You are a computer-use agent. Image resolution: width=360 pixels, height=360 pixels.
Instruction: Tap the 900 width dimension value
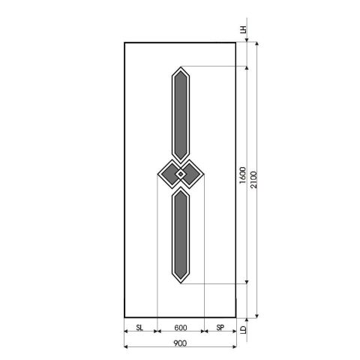pos(180,343)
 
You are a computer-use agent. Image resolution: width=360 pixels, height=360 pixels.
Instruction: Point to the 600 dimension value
pos(180,328)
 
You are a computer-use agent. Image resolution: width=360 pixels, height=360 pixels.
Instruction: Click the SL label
pos(139,328)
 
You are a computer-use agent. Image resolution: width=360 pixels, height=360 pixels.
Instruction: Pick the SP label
pos(220,328)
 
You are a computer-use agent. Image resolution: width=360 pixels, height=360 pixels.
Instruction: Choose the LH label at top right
pos(243,31)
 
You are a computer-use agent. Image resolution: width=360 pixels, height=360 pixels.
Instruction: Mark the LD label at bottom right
pos(243,328)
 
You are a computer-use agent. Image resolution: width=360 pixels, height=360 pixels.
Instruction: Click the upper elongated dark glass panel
pos(180,112)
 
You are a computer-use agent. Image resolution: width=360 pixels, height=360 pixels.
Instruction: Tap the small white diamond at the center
pos(180,175)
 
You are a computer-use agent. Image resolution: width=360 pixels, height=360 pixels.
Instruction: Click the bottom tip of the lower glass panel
pos(180,283)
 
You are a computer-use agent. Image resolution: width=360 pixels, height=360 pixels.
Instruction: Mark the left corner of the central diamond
pos(157,175)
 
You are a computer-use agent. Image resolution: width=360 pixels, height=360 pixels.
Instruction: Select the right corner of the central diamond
pos(204,175)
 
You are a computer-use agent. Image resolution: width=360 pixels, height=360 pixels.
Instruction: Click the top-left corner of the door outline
pos(124,42)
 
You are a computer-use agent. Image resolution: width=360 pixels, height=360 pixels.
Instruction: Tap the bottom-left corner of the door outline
pos(124,316)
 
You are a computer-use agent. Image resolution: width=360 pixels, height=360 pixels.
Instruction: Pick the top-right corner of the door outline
pos(237,42)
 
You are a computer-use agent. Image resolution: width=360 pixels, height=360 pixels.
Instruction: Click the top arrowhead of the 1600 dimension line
pos(247,68)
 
